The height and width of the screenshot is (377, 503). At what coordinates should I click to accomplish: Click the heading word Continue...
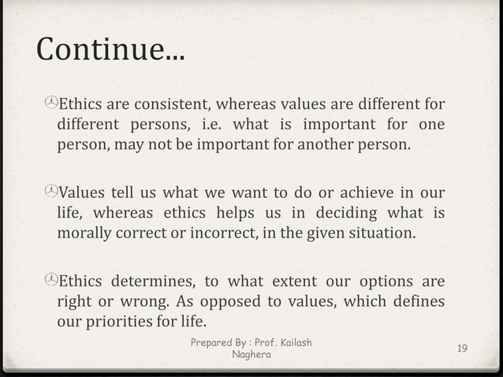coord(106,51)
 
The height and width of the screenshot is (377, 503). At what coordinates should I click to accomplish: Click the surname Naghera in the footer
coord(251,354)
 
